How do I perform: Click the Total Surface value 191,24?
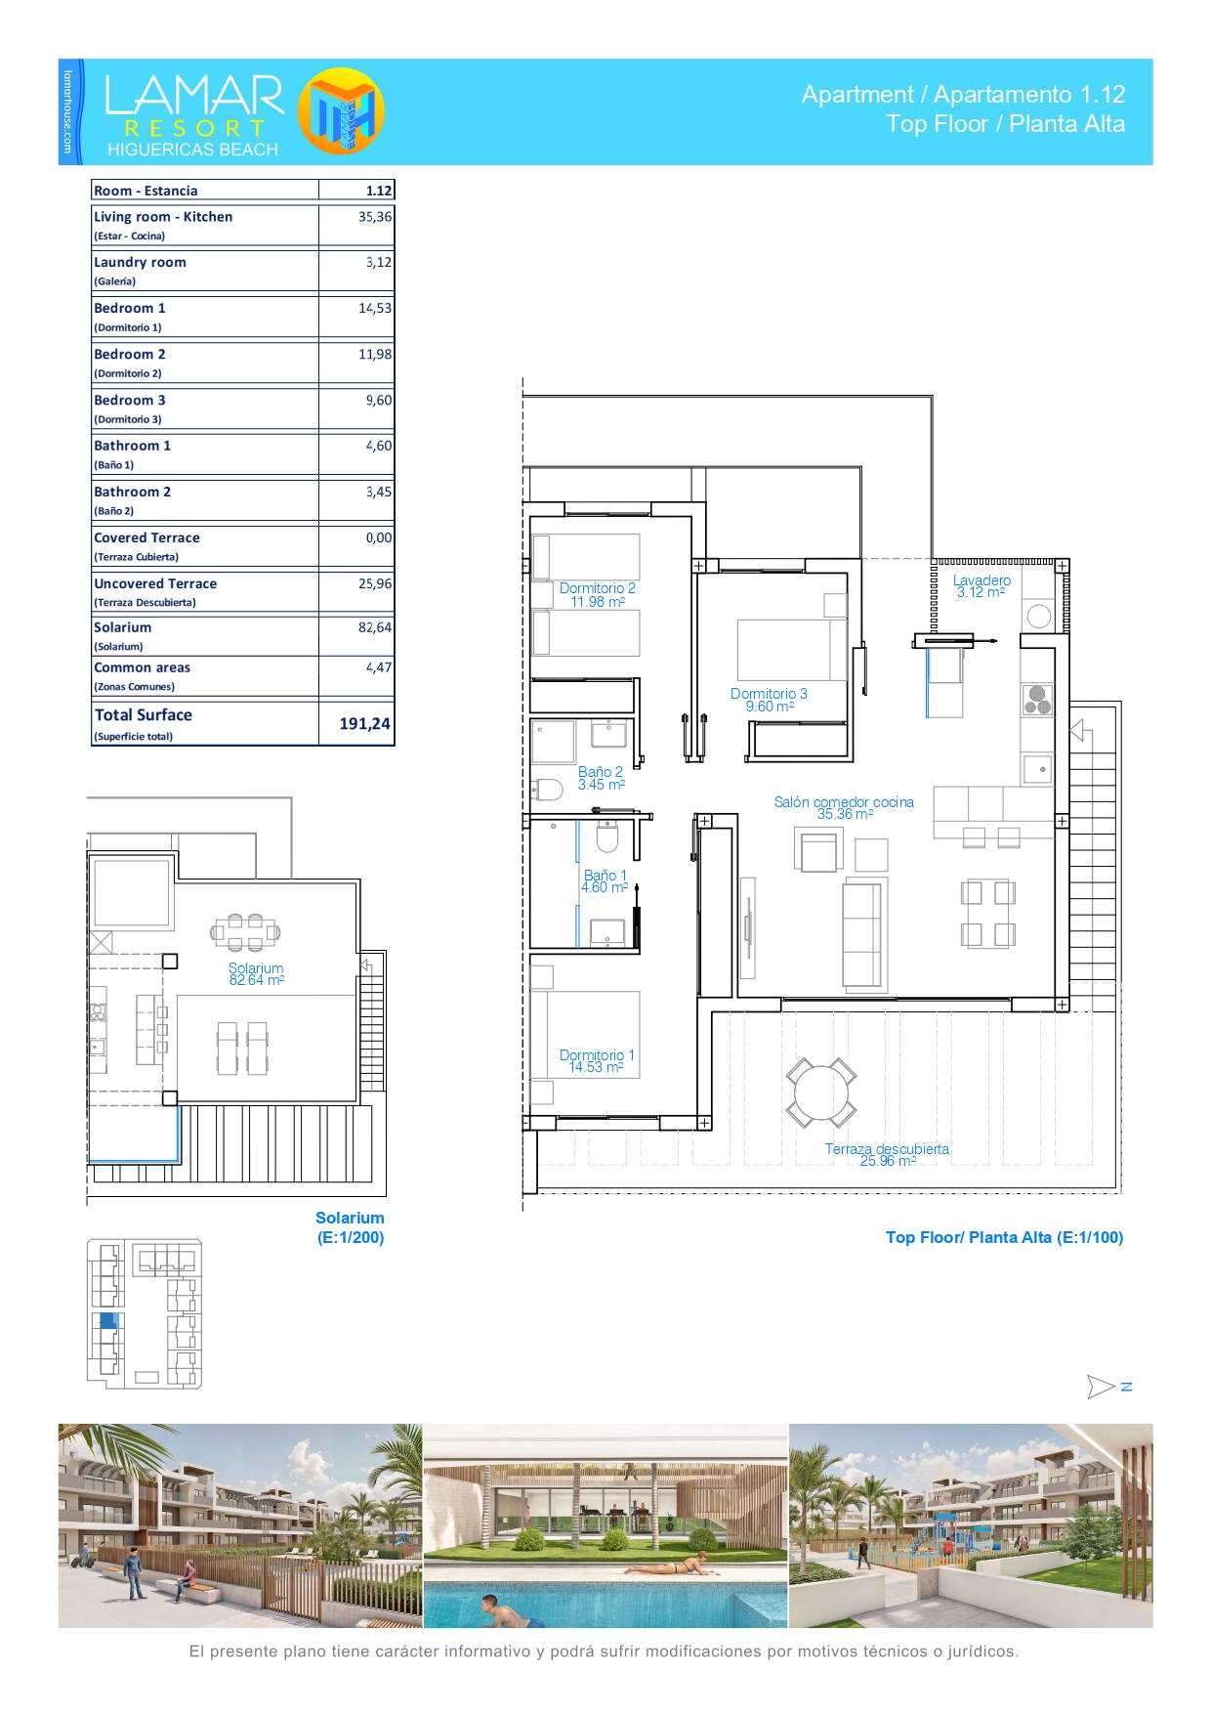[364, 724]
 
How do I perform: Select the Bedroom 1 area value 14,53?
[375, 308]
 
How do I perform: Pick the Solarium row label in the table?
[123, 627]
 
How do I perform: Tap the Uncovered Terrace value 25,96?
[375, 583]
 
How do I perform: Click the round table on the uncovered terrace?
[821, 1091]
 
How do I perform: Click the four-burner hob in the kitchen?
[1037, 700]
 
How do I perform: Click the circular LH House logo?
[341, 111]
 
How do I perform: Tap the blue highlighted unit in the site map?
[107, 1320]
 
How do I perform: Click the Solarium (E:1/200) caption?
[350, 1227]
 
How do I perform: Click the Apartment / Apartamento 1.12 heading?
[963, 95]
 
